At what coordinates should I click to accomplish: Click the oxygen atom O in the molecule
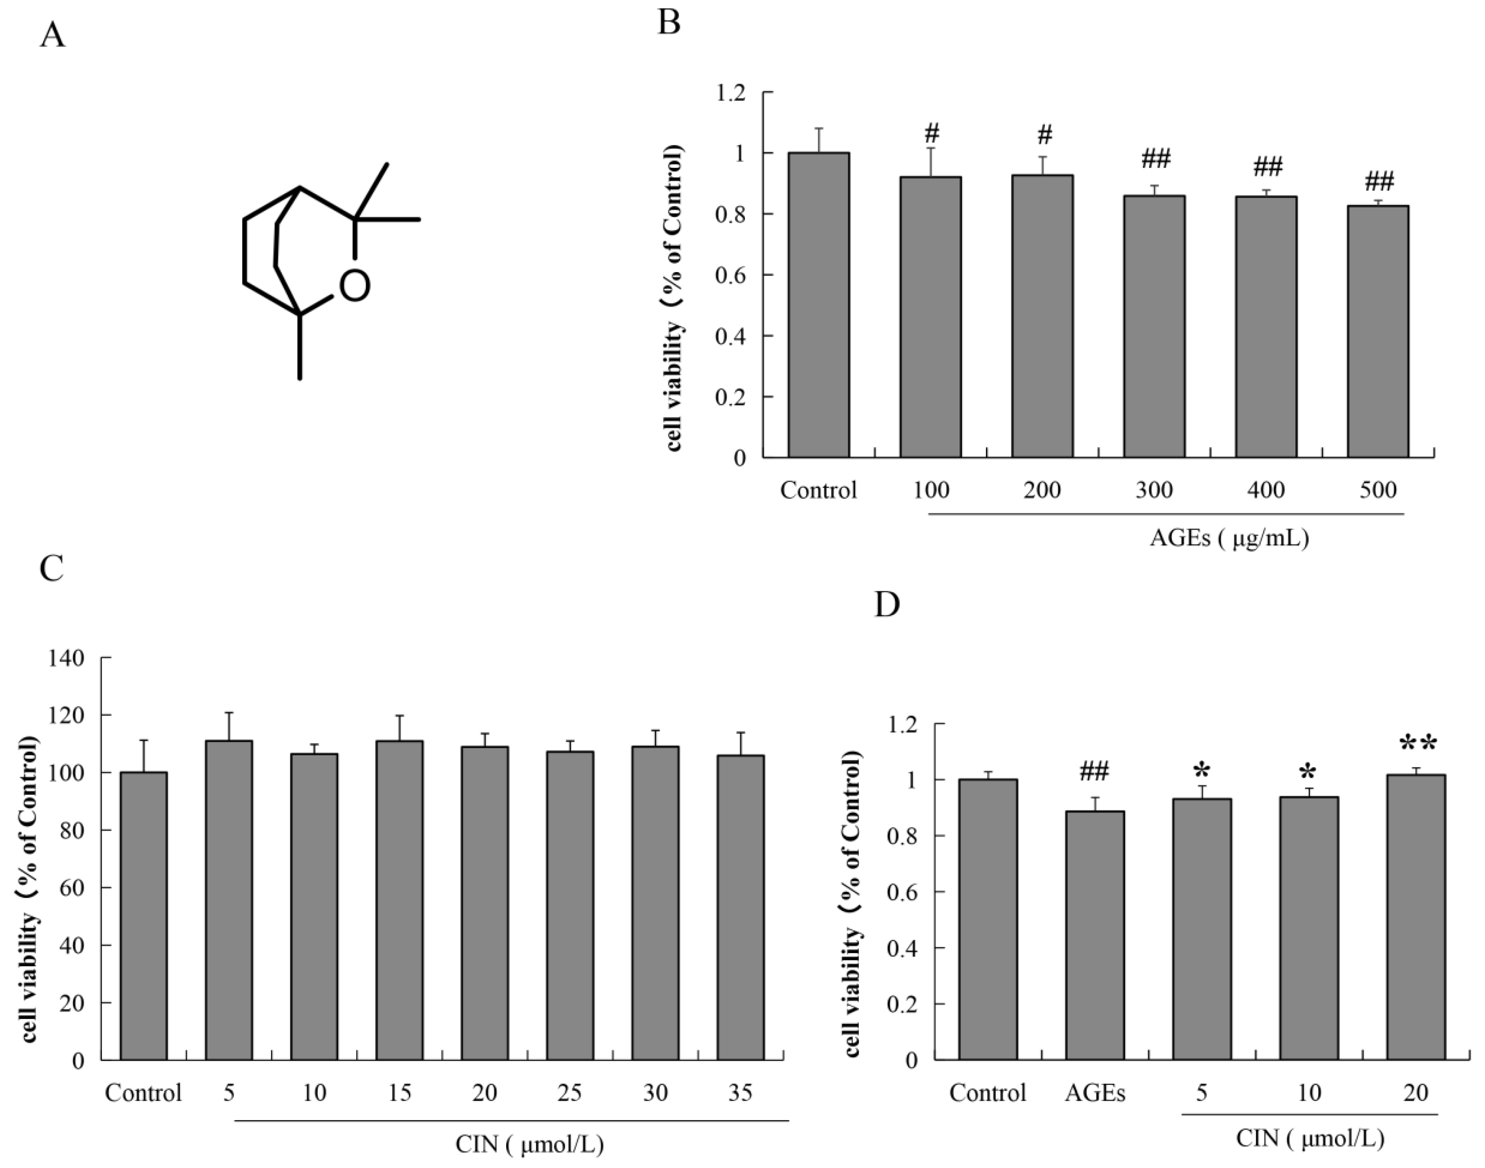(355, 285)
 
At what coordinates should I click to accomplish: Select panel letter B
(669, 23)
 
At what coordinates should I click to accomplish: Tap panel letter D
(887, 604)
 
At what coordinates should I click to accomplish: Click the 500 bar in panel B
(1378, 331)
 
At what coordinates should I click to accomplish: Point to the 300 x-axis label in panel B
(1154, 490)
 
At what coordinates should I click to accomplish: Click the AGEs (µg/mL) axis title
(1229, 538)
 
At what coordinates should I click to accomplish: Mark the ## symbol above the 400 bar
(1267, 166)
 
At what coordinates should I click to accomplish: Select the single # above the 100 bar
(932, 133)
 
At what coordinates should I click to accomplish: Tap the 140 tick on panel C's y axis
(66, 659)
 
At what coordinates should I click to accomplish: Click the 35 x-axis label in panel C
(740, 1093)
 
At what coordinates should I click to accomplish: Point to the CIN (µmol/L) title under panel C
(530, 1144)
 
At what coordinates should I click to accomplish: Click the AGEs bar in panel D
(1095, 935)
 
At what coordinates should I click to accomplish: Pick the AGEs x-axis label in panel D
(1095, 1093)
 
